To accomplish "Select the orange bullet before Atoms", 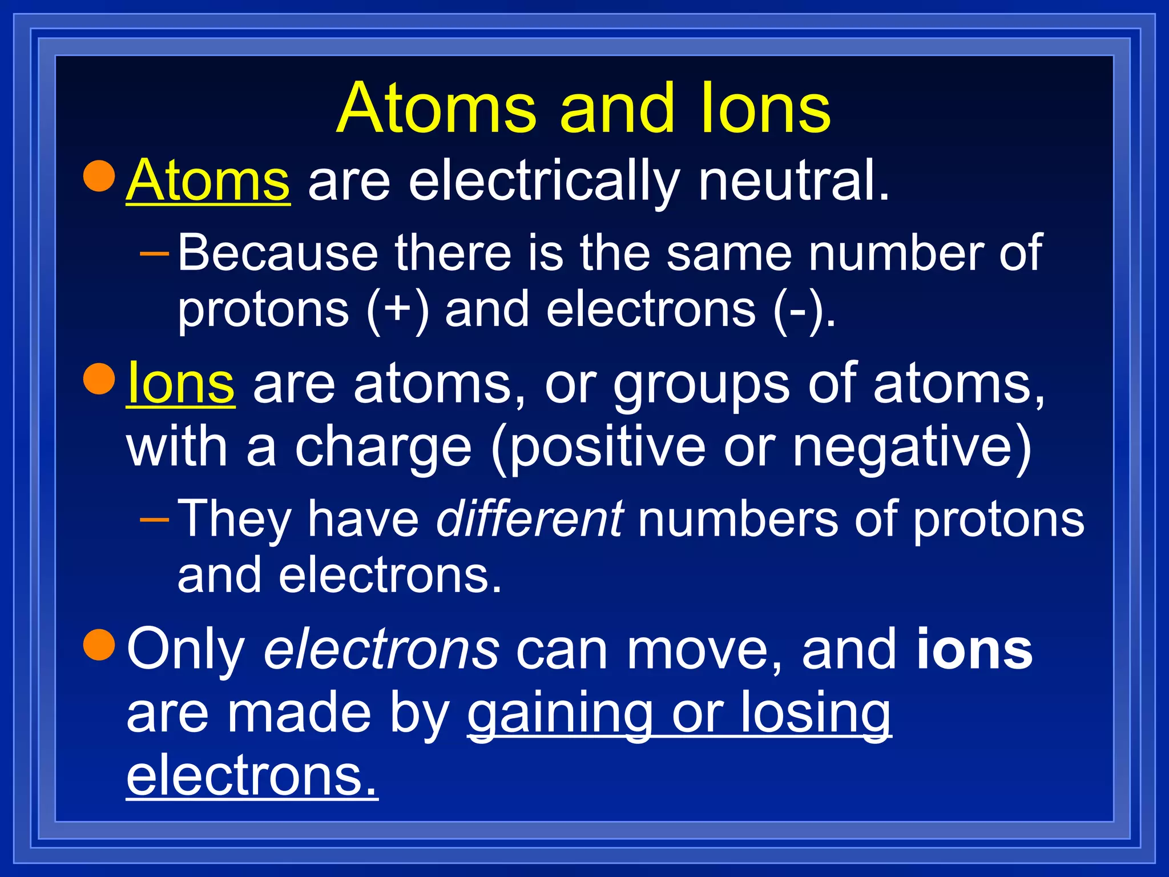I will point(100,176).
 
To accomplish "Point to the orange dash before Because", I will point(154,251).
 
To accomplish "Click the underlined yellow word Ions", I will point(180,383).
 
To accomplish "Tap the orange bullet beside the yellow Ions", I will point(100,379).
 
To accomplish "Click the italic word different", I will point(529,519).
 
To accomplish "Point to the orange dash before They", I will point(154,519).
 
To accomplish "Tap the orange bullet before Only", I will point(100,644).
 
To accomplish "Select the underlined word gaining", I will point(559,714).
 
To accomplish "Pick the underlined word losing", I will point(816,714).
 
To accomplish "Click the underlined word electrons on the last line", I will point(252,777).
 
